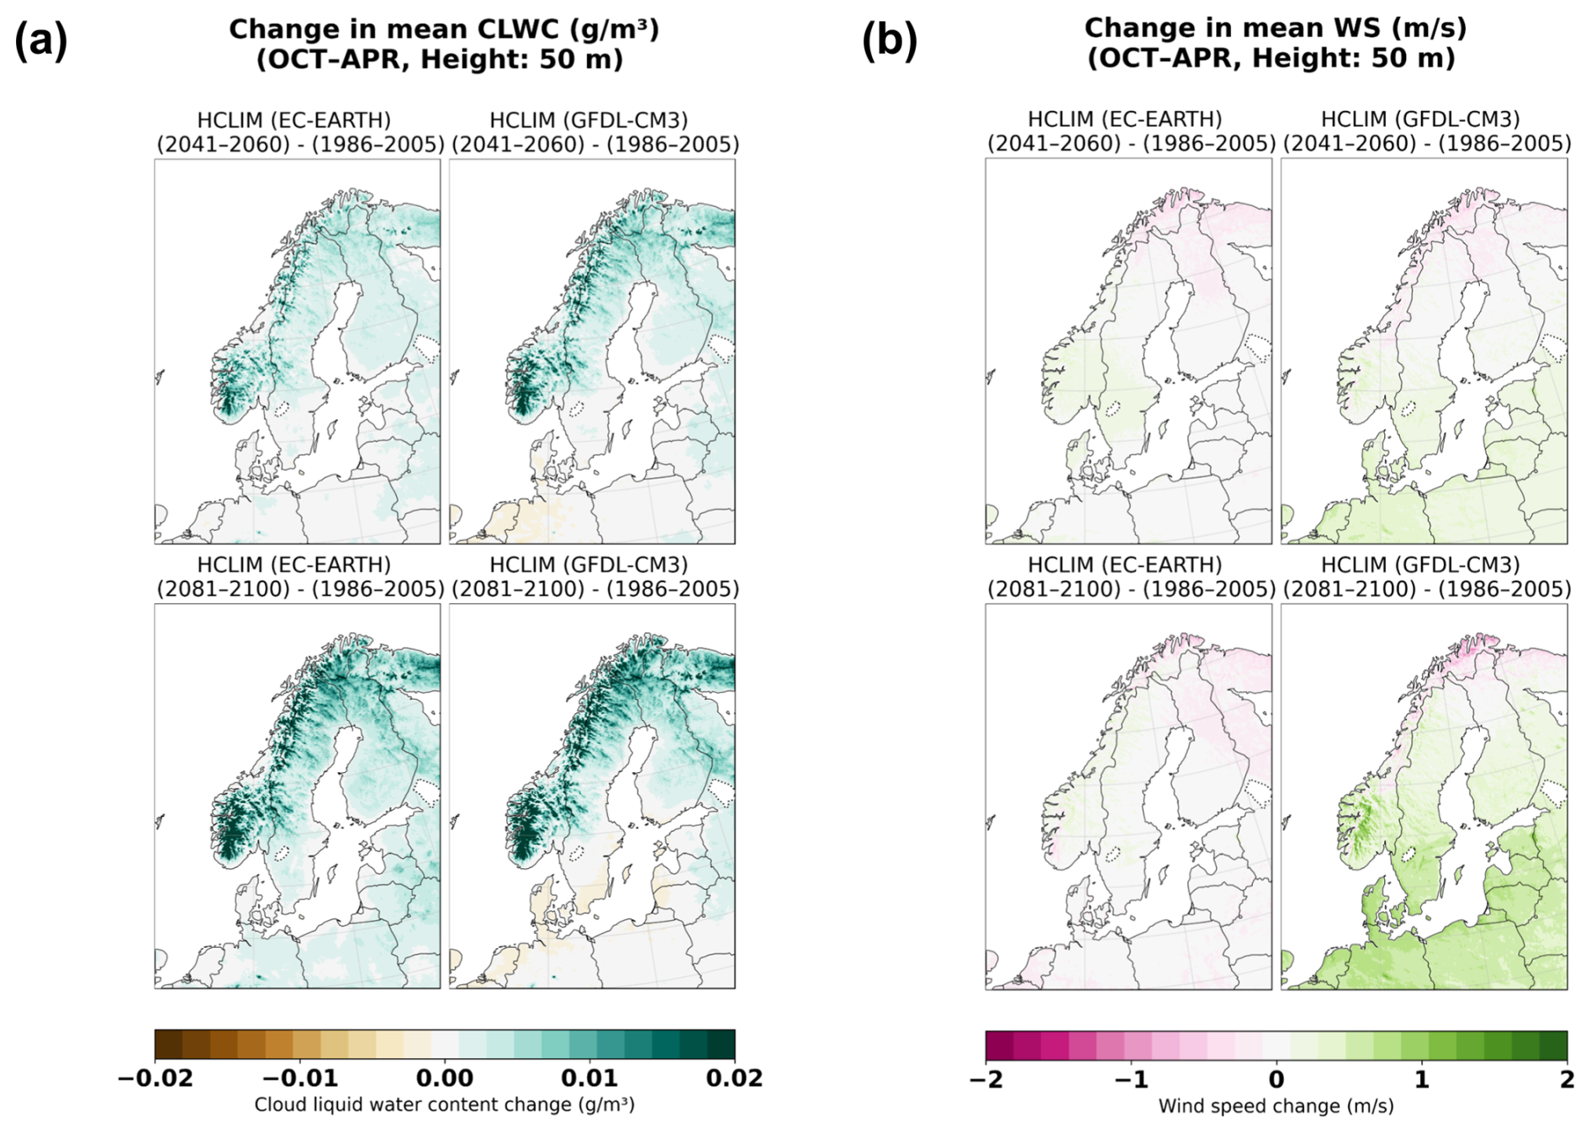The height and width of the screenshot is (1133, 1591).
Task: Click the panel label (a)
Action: (x=40, y=41)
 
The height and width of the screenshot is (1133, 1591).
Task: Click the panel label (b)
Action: (x=889, y=41)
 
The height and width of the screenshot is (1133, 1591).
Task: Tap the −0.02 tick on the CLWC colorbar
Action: (x=156, y=1078)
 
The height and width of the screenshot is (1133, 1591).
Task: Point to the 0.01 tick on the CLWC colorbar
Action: (x=590, y=1078)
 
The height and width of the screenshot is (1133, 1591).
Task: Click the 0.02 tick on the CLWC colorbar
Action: (x=734, y=1078)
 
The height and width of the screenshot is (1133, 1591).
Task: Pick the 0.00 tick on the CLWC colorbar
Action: (x=445, y=1078)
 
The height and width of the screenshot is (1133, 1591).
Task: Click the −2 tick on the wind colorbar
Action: (x=986, y=1079)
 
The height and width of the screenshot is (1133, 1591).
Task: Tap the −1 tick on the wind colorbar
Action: (x=1131, y=1079)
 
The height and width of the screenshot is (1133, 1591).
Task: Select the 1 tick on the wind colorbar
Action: (x=1422, y=1079)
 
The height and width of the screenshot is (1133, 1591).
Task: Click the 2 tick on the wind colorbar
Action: (x=1567, y=1079)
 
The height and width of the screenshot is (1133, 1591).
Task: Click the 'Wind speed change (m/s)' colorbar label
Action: (x=1276, y=1106)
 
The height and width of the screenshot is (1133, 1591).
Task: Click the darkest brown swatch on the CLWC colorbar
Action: (x=168, y=1045)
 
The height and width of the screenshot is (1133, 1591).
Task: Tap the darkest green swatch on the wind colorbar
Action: (x=1553, y=1046)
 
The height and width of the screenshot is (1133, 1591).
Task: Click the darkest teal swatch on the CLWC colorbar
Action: (x=721, y=1045)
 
